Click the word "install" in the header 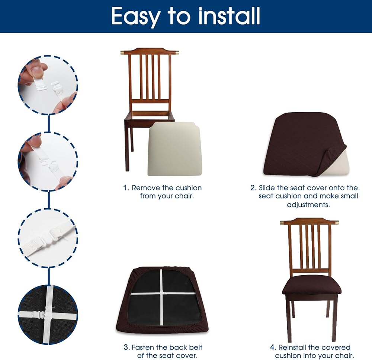pyautogui.click(x=229, y=16)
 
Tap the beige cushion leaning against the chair pyautogui.click(x=174, y=149)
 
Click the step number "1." pyautogui.click(x=126, y=188)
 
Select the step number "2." pyautogui.click(x=253, y=188)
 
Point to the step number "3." pyautogui.click(x=127, y=347)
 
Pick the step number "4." pyautogui.click(x=273, y=347)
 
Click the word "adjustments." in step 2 pyautogui.click(x=308, y=205)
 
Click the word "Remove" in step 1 pyautogui.click(x=146, y=188)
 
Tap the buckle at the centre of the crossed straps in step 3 pyautogui.click(x=162, y=293)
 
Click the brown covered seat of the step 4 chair pyautogui.click(x=311, y=285)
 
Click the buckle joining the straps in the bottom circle pyautogui.click(x=46, y=315)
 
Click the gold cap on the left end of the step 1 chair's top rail pyautogui.click(x=122, y=52)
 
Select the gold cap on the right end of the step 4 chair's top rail pyautogui.click(x=336, y=222)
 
